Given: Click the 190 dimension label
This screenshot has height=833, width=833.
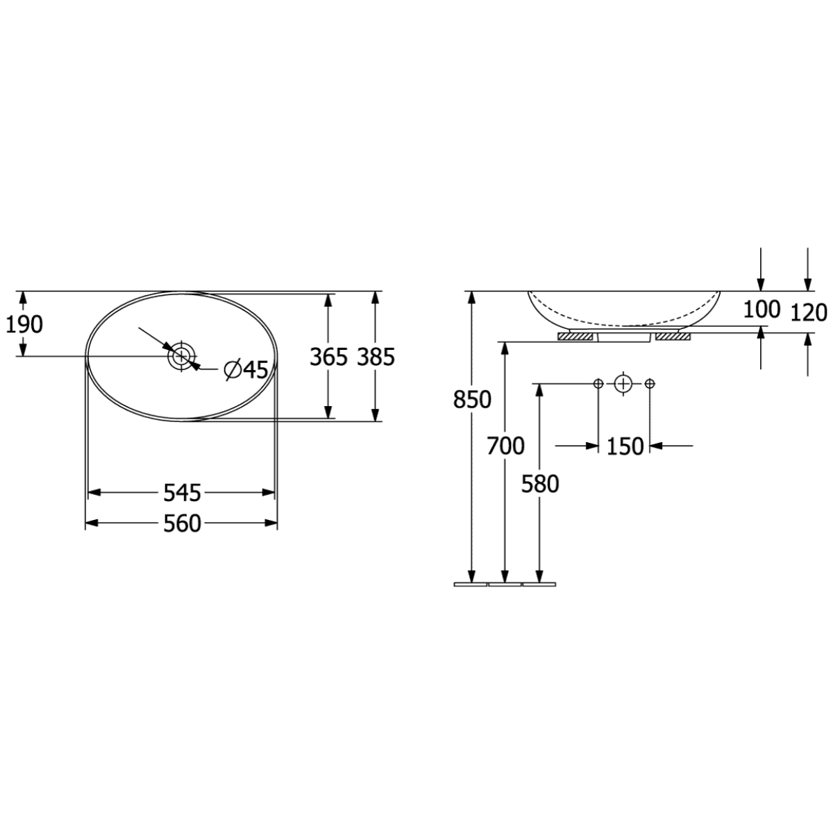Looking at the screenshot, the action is (24, 324).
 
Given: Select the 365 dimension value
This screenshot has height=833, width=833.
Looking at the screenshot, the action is (328, 357).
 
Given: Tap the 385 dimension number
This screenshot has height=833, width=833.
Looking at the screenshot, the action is (376, 357).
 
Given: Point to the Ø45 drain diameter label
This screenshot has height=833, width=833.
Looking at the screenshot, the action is (246, 369).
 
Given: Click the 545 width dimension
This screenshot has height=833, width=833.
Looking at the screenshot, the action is (182, 493).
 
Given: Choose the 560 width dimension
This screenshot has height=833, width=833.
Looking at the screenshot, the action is (182, 524).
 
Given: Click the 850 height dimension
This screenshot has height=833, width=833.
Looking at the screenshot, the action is (472, 399).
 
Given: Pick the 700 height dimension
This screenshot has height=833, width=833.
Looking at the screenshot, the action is (505, 446).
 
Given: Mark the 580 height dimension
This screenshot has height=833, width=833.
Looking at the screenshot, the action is (540, 484).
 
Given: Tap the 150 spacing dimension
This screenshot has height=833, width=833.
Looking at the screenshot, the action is (625, 446).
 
